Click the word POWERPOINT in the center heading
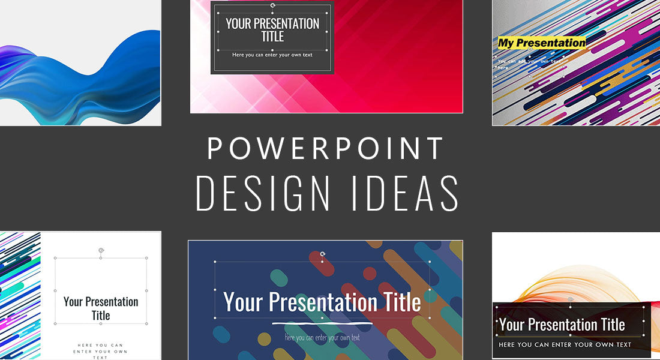point(326,149)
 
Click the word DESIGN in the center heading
point(263,194)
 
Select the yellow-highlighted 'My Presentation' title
point(541,43)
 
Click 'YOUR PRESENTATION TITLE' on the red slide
point(272,31)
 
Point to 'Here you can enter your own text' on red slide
point(272,55)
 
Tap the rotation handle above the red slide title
point(273,5)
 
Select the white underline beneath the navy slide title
point(322,323)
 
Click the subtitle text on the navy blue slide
point(322,337)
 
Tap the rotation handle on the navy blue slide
point(323,254)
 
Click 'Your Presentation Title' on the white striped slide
point(101,308)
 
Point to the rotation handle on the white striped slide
point(101,250)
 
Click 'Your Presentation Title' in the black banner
point(562,325)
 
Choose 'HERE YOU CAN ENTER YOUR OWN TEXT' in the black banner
point(565,345)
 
